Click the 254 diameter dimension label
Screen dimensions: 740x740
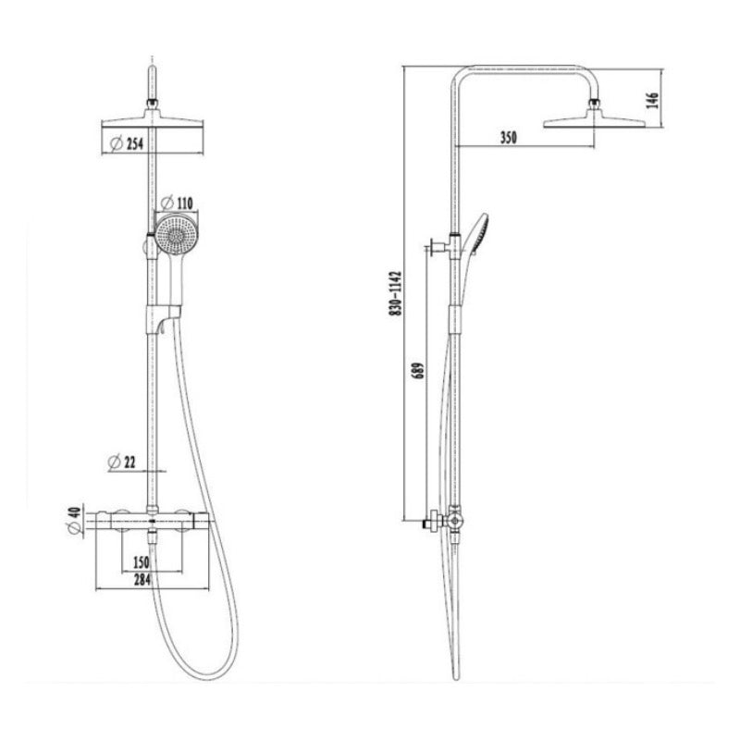pos(127,143)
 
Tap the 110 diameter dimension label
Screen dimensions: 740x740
pos(177,203)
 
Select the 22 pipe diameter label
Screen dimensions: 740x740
pos(121,462)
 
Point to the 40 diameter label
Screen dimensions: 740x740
pos(74,520)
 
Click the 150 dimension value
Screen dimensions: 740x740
pos(142,562)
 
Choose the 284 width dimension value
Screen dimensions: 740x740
pos(142,580)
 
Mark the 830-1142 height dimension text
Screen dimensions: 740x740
pos(396,293)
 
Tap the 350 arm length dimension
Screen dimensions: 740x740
pos(508,138)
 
